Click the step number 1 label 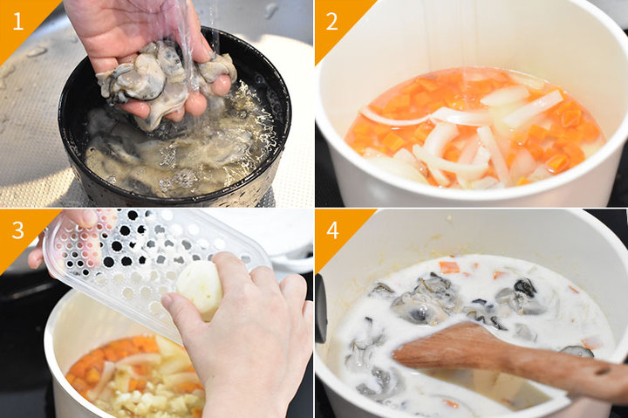[x=17, y=21]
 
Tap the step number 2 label [x=331, y=21]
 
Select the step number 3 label [x=18, y=230]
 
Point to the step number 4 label [x=332, y=230]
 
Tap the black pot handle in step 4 [x=321, y=309]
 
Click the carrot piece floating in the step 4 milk [x=449, y=267]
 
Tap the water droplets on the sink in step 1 [x=36, y=51]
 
